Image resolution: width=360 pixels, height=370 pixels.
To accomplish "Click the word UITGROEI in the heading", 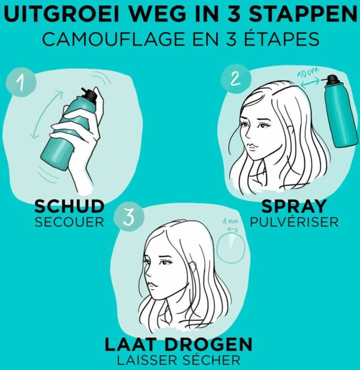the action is coord(63,14).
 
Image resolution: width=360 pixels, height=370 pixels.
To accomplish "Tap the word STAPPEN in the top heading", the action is coord(303,14).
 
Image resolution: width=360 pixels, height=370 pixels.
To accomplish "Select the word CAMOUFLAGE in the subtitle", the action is coord(113,39).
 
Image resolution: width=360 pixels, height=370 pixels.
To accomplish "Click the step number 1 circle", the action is coord(21,82).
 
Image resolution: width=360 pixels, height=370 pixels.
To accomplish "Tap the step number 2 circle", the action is coord(235,79).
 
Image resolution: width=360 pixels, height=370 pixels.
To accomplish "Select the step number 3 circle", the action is coord(129,217).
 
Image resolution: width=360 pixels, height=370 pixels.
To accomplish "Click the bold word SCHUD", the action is coord(70,206).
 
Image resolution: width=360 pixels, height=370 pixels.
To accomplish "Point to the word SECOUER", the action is coord(70,222).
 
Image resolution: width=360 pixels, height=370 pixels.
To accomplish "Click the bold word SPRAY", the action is coord(294,206).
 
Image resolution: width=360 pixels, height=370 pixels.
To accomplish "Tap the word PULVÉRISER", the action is coord(294,221).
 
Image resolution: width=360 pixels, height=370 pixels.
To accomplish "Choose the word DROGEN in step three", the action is coord(208,345).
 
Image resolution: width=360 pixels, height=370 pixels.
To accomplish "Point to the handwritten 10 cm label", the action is coord(307,73).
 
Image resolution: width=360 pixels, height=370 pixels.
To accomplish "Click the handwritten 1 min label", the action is coord(230,221).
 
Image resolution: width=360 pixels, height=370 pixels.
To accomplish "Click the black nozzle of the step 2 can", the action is coord(334,80).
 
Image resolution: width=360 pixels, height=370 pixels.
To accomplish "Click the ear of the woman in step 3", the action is coord(193,267).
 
